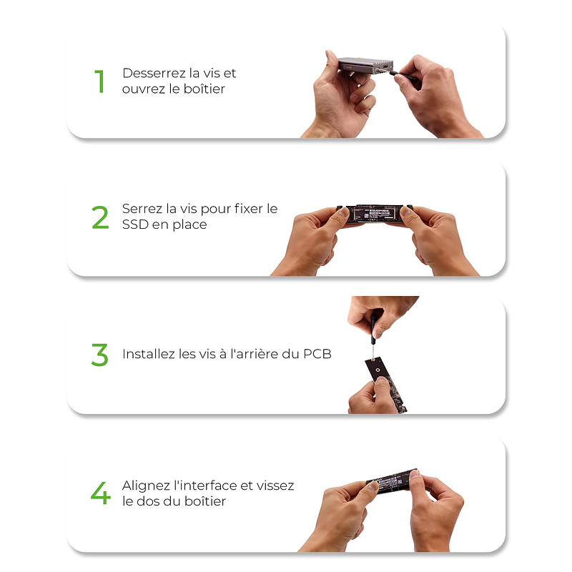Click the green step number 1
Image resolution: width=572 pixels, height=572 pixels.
(99, 81)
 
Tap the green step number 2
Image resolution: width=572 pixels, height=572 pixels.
(100, 217)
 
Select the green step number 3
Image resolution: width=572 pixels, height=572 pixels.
(100, 354)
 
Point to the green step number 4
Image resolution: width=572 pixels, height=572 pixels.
(101, 493)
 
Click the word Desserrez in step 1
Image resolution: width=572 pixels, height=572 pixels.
(154, 73)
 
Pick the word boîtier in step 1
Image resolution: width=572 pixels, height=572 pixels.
(204, 89)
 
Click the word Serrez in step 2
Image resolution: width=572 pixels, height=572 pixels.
(142, 209)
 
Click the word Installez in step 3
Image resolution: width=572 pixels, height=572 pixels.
(148, 354)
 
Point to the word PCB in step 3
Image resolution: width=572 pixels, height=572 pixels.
(317, 354)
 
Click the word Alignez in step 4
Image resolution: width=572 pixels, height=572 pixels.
(146, 485)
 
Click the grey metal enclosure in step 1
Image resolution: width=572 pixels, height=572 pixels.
(365, 66)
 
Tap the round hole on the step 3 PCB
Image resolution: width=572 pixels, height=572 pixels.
(378, 370)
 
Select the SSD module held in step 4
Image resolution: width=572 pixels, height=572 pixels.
(392, 480)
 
